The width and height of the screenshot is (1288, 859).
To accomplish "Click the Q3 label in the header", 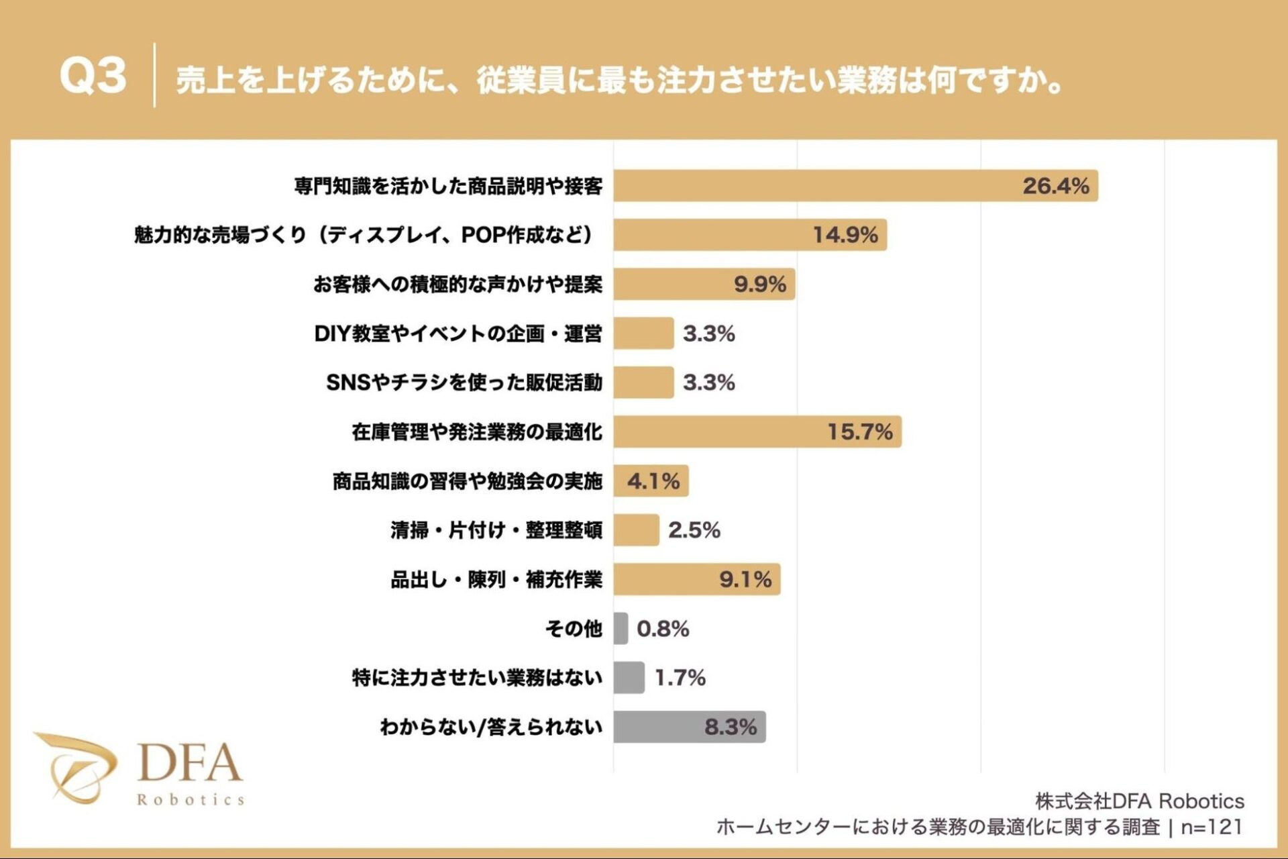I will [x=93, y=75].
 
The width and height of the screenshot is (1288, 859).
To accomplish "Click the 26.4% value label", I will [x=1055, y=186].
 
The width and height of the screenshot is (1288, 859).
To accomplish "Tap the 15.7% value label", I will [x=859, y=432].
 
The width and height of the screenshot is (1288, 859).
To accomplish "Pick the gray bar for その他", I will [x=621, y=628].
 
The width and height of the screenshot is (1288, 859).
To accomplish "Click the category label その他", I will [x=574, y=629].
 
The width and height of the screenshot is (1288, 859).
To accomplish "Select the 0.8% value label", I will [x=663, y=629].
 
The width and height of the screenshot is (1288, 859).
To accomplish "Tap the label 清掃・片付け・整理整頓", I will [x=496, y=530].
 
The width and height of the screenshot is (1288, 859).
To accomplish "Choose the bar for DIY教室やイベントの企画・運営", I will [x=643, y=334].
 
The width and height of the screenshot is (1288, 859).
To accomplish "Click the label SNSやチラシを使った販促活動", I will [x=464, y=383].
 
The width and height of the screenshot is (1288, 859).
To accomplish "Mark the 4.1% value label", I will [x=653, y=481].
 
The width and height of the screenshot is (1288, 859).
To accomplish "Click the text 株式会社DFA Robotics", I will [x=1139, y=801].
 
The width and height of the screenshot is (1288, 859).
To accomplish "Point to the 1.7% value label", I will [x=680, y=678].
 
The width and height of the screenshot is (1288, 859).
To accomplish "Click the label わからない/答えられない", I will [x=491, y=727].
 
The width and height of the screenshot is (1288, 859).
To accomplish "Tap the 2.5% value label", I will [x=694, y=530].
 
